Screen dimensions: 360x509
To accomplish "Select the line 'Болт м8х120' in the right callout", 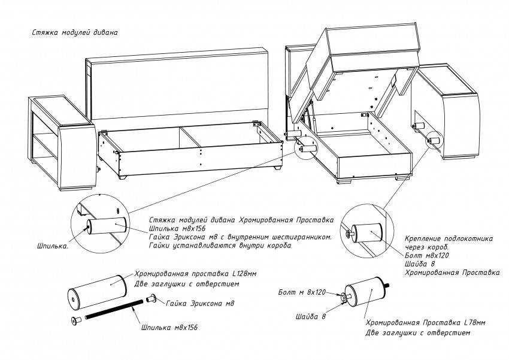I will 427,255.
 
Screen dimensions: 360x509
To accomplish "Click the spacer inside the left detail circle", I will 107,227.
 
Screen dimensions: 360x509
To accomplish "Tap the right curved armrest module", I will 452,114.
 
